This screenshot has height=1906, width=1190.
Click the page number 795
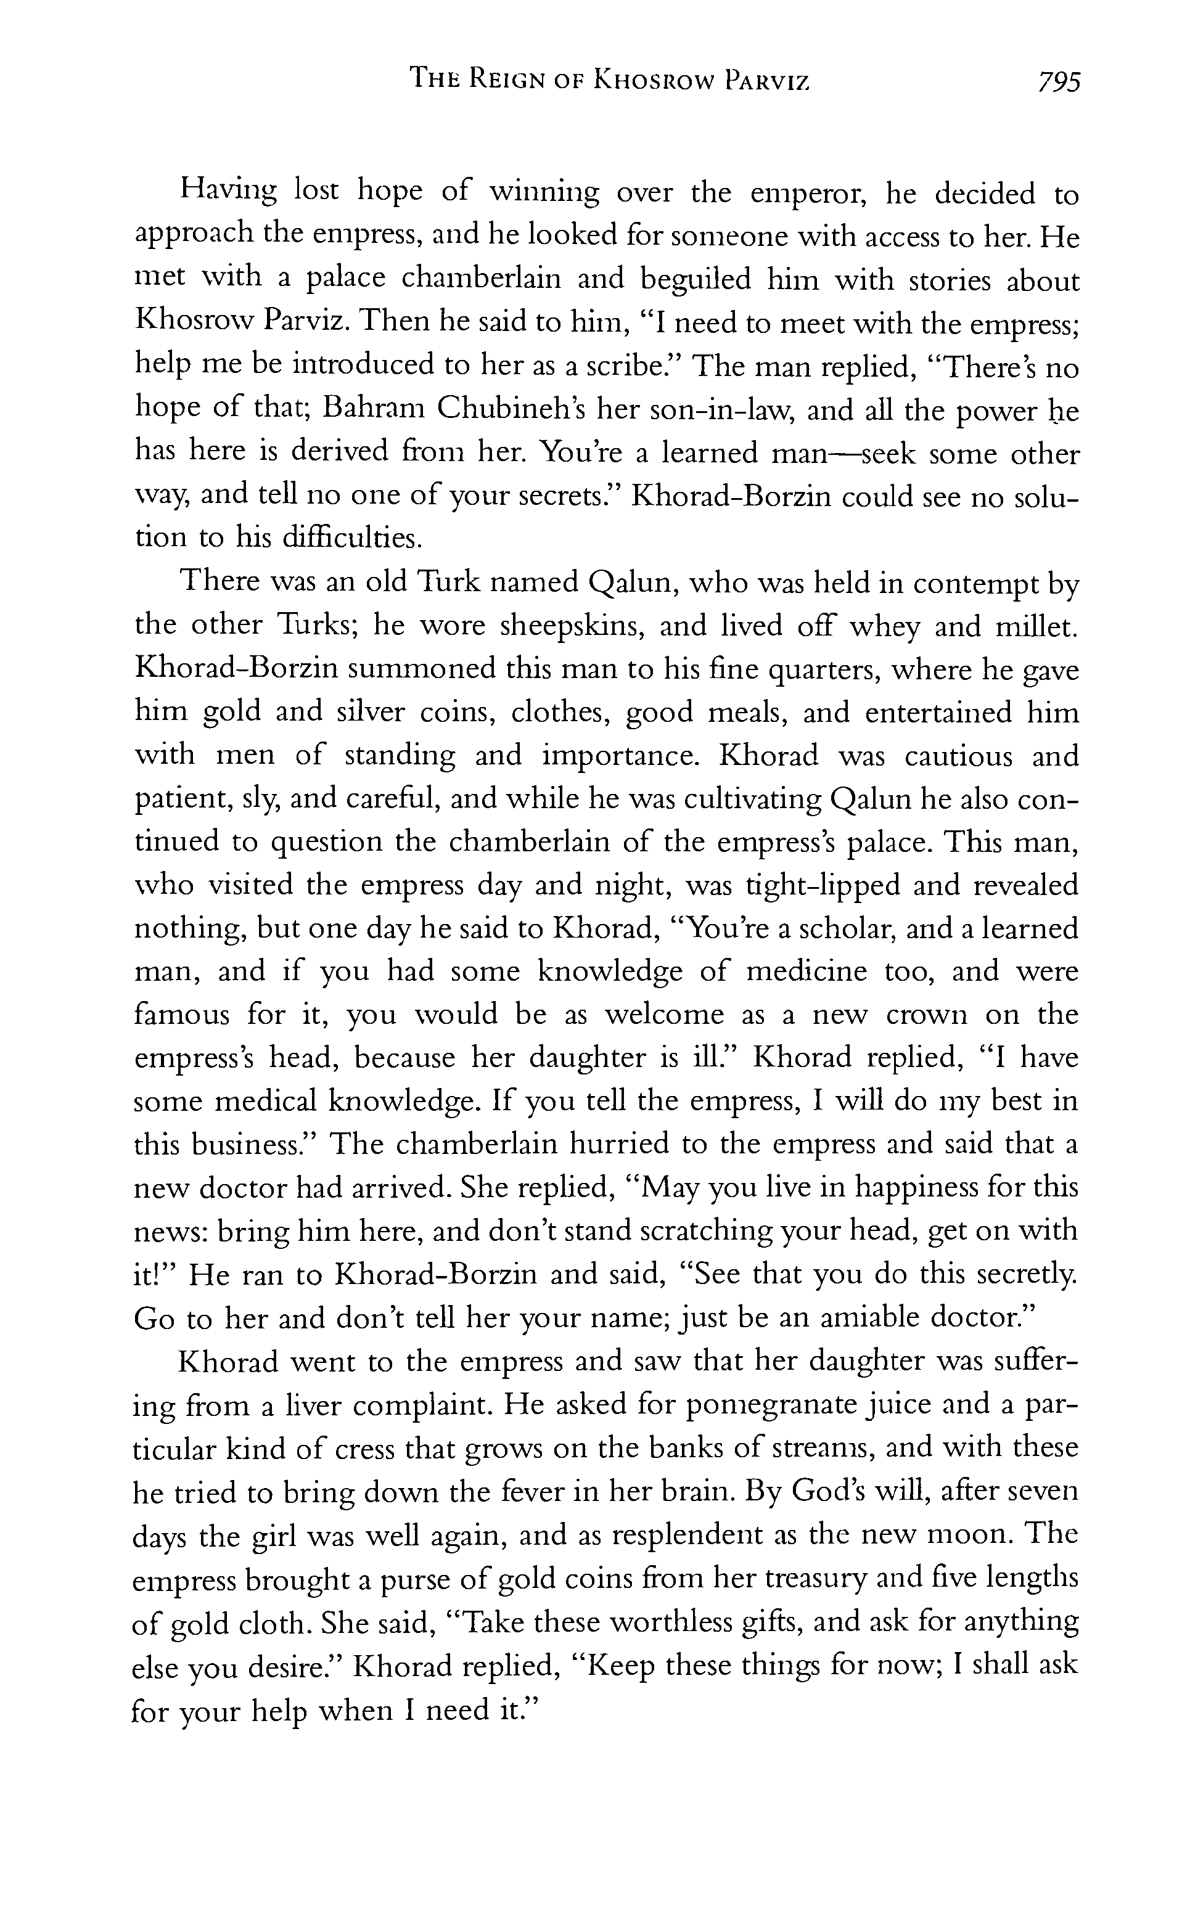1059,81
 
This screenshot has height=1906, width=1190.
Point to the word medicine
806,972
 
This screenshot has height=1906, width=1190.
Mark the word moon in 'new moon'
972,1535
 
